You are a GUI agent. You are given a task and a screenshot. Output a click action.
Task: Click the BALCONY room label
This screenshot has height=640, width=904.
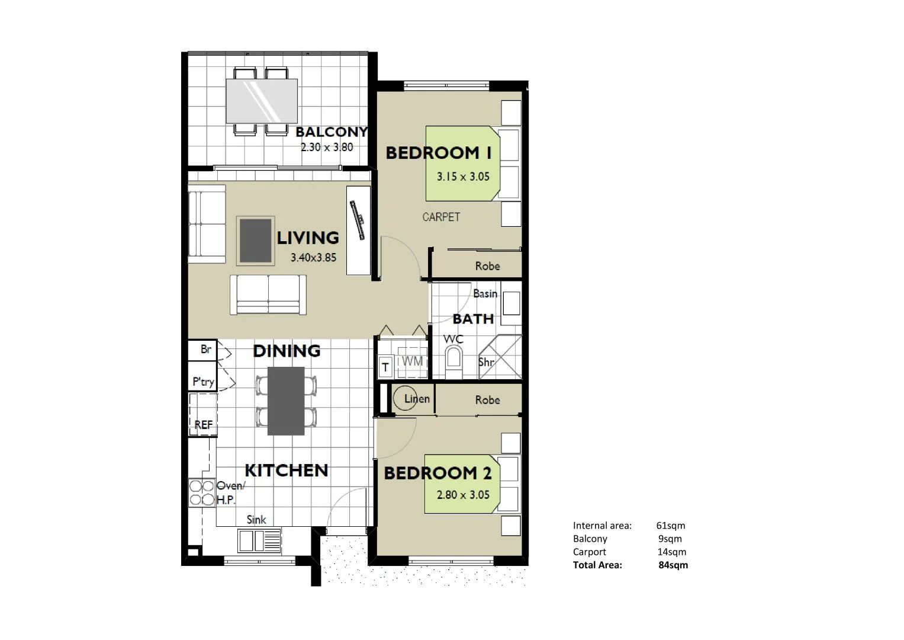point(332,132)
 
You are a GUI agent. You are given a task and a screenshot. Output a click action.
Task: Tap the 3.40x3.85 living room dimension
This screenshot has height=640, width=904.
point(313,258)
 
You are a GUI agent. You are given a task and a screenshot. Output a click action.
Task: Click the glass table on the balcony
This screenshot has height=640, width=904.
point(261,100)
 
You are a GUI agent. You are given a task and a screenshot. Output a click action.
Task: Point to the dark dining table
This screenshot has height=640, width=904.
point(286,401)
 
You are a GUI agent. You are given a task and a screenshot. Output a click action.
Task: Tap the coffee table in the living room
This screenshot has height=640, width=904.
point(256,241)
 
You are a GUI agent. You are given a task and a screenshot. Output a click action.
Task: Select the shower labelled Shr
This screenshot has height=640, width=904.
point(500,357)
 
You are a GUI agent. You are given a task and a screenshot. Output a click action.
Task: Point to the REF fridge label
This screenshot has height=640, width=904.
point(203,425)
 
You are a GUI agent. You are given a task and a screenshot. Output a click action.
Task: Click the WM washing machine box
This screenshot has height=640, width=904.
point(412,361)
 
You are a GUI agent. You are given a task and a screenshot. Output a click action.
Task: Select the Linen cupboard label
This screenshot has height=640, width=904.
point(417,399)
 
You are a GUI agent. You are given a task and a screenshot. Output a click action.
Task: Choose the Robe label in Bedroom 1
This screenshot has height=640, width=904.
point(487,266)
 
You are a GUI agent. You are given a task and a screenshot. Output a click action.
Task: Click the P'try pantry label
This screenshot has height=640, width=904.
point(203,382)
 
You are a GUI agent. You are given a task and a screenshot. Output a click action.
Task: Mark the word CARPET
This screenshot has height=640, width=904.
point(441,217)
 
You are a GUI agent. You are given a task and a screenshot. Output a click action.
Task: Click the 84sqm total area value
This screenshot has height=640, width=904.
point(673,565)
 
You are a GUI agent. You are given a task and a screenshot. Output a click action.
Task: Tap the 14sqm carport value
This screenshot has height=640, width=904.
point(672,552)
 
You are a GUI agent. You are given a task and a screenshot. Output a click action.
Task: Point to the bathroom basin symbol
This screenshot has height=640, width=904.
point(511,305)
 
